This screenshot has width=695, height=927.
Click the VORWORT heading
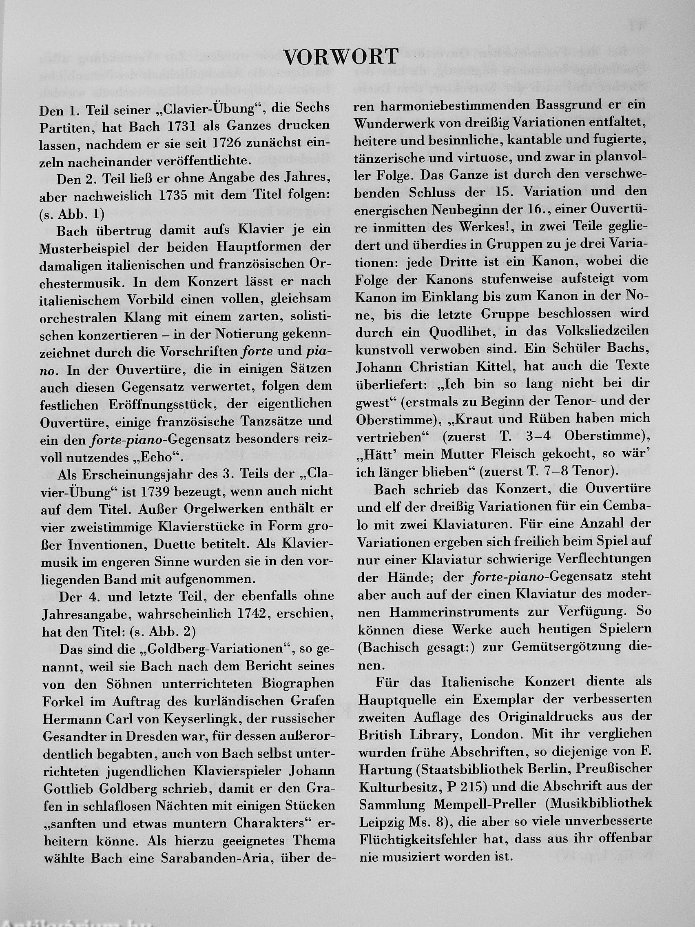(340, 58)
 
